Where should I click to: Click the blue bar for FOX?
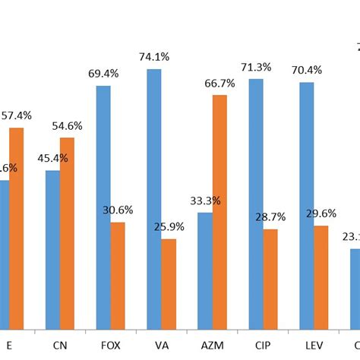(x=103, y=207)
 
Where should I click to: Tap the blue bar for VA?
(x=153, y=199)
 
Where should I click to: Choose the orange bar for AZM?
(x=219, y=212)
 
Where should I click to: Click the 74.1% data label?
(x=154, y=56)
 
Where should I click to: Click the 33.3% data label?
(x=205, y=201)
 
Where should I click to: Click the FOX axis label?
(x=110, y=345)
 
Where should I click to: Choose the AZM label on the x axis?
(x=212, y=345)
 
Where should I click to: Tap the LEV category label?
(x=314, y=345)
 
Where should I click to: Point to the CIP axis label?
(x=263, y=345)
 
